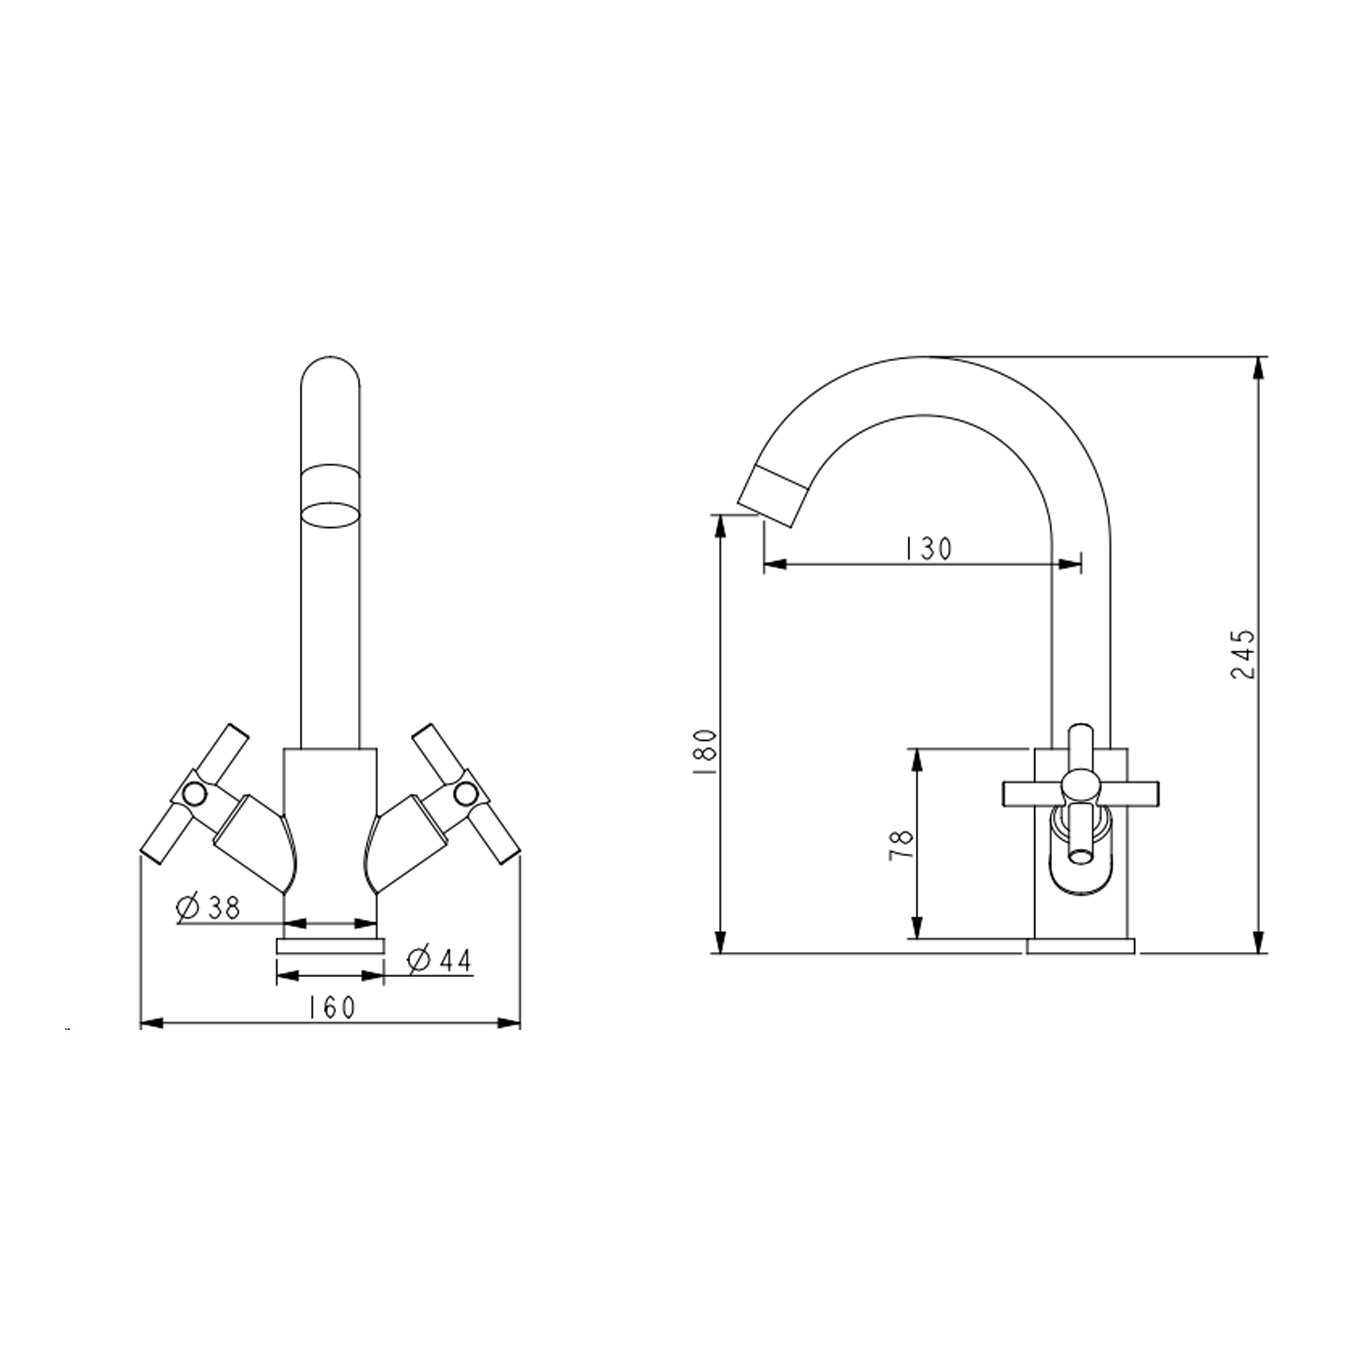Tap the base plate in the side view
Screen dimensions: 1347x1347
pos(1081,946)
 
